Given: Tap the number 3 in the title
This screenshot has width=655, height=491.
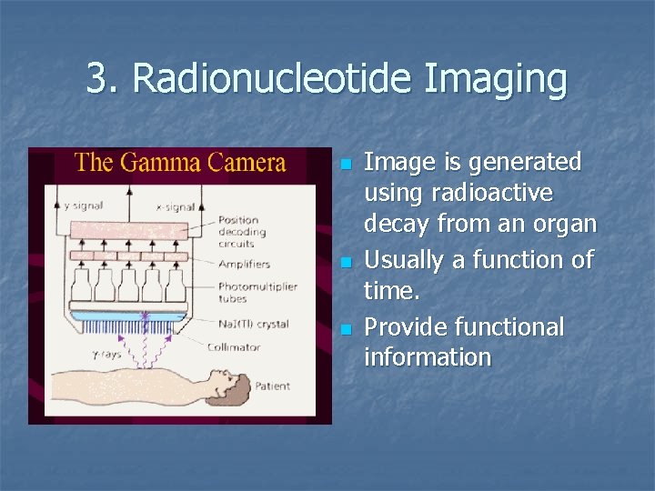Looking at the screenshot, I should [x=96, y=79].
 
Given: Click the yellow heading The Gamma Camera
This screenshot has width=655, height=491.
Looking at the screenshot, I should [x=180, y=164].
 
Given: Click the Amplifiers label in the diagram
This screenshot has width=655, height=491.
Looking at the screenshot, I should [x=244, y=264].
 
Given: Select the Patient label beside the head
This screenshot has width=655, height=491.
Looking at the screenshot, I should [x=274, y=386].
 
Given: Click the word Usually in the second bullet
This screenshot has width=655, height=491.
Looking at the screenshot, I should [x=403, y=261].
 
